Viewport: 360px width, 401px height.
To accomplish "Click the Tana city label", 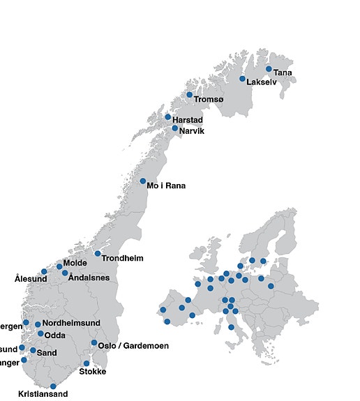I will pyautogui.click(x=283, y=73).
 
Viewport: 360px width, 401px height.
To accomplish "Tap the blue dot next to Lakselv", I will pyautogui.click(x=243, y=79).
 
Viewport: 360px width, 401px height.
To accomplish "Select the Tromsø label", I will pyautogui.click(x=209, y=100).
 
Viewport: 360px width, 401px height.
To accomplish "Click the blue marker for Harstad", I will pyautogui.click(x=167, y=117).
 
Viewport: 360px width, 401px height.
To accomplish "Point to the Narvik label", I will pyautogui.click(x=191, y=131).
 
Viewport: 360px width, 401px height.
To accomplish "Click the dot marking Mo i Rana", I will pyautogui.click(x=143, y=181).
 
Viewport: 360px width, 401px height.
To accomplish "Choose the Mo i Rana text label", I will pyautogui.click(x=167, y=186).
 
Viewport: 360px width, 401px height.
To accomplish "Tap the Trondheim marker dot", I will pyautogui.click(x=98, y=253).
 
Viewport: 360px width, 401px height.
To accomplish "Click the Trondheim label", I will pyautogui.click(x=122, y=258).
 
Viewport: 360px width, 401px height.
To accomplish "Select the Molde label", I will pyautogui.click(x=76, y=264).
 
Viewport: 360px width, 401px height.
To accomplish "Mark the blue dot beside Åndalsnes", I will pyautogui.click(x=65, y=273).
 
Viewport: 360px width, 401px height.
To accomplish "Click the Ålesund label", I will pyautogui.click(x=31, y=279).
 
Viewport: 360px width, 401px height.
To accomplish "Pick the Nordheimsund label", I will pyautogui.click(x=71, y=323).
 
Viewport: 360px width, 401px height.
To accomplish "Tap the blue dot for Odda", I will pyautogui.click(x=40, y=334).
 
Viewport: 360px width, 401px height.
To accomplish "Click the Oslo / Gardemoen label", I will pyautogui.click(x=133, y=346).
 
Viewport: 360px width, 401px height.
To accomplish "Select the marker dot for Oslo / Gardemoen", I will pyautogui.click(x=94, y=342).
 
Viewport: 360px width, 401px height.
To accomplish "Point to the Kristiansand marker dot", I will pyautogui.click(x=53, y=386).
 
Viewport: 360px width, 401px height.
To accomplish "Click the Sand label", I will pyautogui.click(x=47, y=353).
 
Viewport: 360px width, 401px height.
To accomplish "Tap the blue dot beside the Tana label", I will pyautogui.click(x=269, y=68).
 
